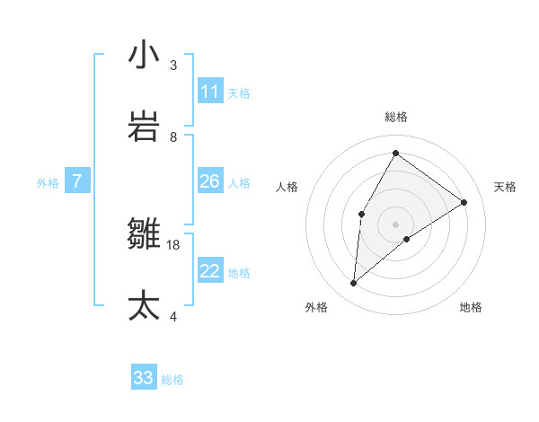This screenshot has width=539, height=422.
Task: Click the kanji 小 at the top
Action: point(144,55)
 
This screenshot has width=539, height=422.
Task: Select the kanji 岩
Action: point(144,127)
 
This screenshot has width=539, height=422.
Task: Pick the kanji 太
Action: point(144,305)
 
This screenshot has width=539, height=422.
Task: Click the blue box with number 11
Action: point(210,92)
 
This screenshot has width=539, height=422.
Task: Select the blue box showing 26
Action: point(210,181)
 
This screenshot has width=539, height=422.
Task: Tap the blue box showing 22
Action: point(210,271)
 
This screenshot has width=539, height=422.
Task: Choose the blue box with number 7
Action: point(77,181)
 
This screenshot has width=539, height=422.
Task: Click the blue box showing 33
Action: point(144,378)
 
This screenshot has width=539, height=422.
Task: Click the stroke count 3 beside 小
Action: point(173,66)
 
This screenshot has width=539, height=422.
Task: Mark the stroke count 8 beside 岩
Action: point(173,137)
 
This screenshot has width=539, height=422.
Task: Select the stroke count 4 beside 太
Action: point(173,317)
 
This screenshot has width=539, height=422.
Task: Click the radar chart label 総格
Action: point(395,117)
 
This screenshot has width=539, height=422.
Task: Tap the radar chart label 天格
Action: point(505,187)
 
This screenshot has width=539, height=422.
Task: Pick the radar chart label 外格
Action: point(315,307)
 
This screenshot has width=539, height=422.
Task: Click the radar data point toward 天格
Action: point(464,202)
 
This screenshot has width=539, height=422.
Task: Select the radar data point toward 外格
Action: point(354,284)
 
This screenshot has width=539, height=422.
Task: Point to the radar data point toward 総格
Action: point(395,153)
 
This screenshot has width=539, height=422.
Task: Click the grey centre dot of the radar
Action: point(395,224)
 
